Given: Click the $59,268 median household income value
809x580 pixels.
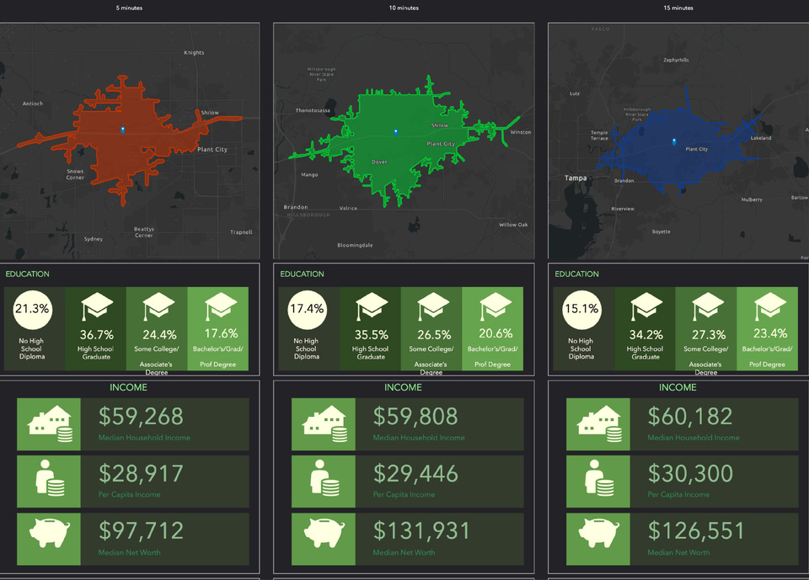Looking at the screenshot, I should point(141,417).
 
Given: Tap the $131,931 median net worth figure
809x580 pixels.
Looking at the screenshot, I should point(415,531).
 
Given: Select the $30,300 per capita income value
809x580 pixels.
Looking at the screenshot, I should point(690,474).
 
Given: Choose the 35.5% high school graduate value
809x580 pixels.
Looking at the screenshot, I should point(370,333).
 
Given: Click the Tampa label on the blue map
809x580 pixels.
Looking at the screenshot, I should point(576,178).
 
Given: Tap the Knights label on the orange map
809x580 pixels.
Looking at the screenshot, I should point(194,53).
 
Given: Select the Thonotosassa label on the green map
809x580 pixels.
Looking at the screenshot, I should point(313,110).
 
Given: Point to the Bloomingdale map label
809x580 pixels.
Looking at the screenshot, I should point(355,245).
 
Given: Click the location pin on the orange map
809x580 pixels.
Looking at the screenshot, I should point(123,130).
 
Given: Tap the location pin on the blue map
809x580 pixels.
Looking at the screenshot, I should point(673,141).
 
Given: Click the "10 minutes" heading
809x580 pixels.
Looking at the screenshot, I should point(403,8).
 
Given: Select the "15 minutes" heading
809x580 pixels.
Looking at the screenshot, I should point(678,8).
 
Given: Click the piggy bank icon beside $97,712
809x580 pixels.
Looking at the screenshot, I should point(49,533).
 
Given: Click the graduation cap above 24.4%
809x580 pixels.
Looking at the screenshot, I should point(157,307).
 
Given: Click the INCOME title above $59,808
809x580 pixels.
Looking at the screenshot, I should point(403,388).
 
